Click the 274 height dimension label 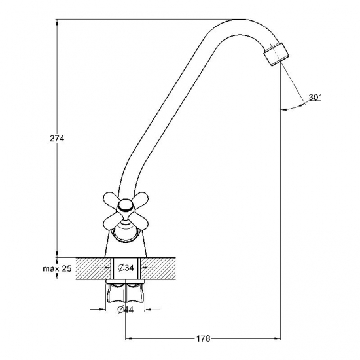pos(57,139)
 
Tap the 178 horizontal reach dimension pos(203,338)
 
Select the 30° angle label pos(315,98)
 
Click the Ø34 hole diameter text pos(126,268)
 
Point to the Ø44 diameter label pos(126,310)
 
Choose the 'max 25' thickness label pos(57,268)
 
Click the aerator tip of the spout pos(277,54)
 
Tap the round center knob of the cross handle pos(126,206)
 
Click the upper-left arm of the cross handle pos(112,198)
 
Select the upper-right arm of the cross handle pos(140,199)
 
